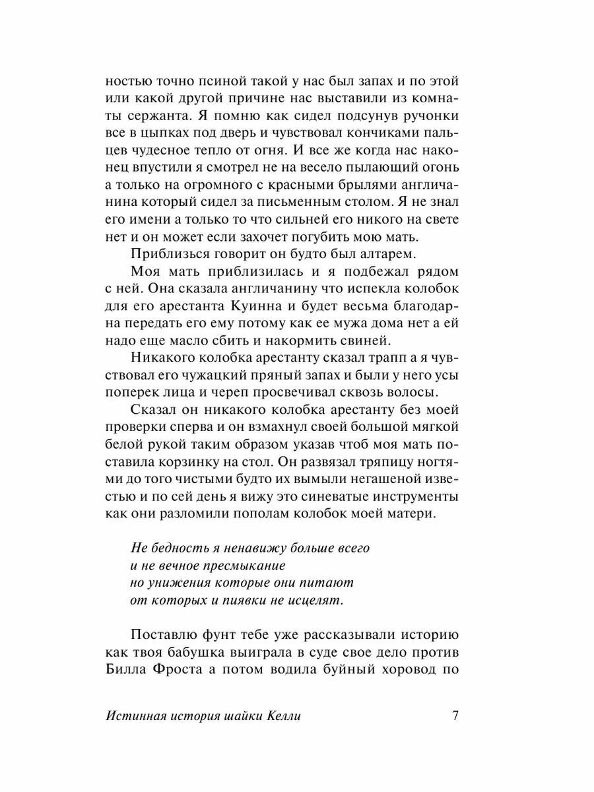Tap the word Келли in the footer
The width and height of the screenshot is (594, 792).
(x=282, y=717)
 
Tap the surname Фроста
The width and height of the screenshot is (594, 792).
(x=180, y=668)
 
